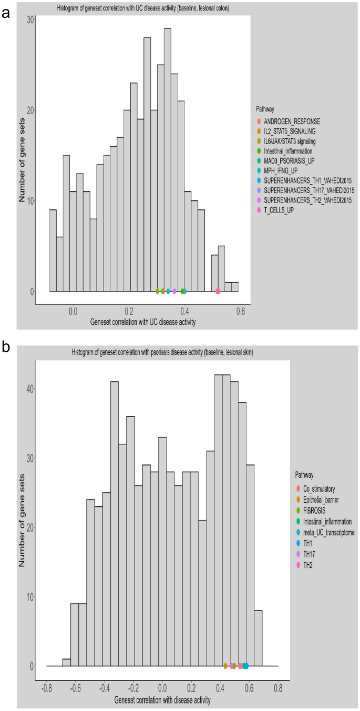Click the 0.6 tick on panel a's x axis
pyautogui.click(x=241, y=311)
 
